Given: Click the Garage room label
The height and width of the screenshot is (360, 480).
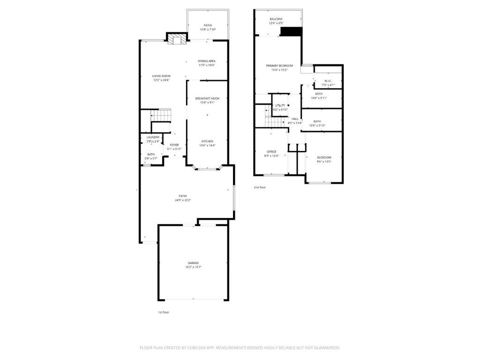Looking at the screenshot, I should click(x=193, y=263).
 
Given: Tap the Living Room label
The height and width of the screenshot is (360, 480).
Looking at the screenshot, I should click(x=161, y=76).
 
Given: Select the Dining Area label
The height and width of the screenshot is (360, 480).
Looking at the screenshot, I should click(x=206, y=61).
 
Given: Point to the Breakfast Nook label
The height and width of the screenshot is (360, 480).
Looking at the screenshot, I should click(x=207, y=98).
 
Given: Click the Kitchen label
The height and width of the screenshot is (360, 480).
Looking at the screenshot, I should click(x=207, y=141).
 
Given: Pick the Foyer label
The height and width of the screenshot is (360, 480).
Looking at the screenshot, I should click(x=174, y=145).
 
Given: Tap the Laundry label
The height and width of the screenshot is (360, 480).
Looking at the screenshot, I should click(x=153, y=137).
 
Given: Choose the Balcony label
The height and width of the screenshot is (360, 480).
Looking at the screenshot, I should click(x=276, y=19).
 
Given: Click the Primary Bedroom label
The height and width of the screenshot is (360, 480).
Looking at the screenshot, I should click(x=279, y=66).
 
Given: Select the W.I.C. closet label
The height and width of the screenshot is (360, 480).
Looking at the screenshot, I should click(x=328, y=81).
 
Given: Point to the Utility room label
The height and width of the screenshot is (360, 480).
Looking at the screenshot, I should click(x=280, y=105).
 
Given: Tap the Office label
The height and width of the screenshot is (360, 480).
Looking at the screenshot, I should click(x=272, y=151).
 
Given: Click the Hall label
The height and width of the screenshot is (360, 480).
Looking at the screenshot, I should click(x=295, y=119).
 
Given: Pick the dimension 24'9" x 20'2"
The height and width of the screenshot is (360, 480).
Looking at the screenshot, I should click(x=183, y=200).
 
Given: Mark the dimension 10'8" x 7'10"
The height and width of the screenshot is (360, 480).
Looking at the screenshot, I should click(x=208, y=30).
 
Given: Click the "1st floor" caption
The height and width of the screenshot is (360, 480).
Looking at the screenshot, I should click(x=164, y=312).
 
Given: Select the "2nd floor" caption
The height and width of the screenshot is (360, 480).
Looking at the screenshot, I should click(x=260, y=187).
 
